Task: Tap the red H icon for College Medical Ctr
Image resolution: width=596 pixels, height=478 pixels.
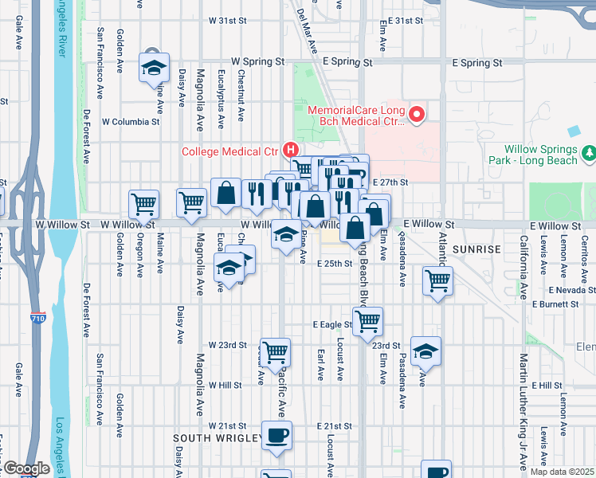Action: click(x=292, y=149)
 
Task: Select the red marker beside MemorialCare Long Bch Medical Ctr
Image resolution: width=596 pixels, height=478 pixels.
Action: click(x=416, y=116)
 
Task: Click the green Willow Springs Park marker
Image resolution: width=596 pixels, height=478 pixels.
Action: click(x=588, y=150)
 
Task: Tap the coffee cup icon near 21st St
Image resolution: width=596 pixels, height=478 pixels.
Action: click(x=276, y=436)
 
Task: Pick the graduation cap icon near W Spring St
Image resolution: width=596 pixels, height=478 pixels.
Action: click(x=155, y=67)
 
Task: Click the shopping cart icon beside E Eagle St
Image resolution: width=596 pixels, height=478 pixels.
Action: click(x=367, y=321)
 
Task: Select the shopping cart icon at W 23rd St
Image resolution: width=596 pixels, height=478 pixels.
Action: click(x=275, y=352)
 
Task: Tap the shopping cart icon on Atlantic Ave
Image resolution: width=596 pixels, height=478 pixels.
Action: click(x=437, y=280)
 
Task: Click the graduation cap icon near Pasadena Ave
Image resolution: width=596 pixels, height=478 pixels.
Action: click(x=426, y=351)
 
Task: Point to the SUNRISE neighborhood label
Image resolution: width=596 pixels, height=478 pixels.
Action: click(x=476, y=249)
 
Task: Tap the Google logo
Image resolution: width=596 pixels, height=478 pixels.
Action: click(x=25, y=468)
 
